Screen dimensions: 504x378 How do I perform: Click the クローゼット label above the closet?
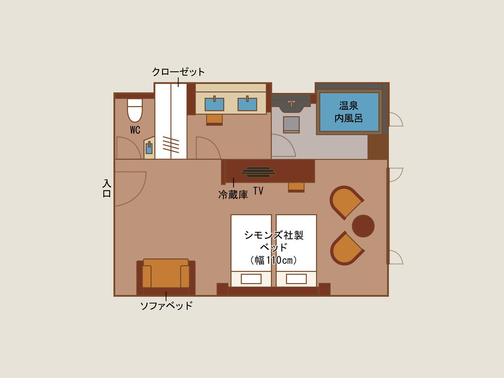(x=178, y=72)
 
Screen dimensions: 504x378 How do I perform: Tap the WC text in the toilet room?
(x=135, y=130)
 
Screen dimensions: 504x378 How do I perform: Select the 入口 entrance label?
(x=107, y=189)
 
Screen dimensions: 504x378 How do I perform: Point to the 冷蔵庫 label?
(x=233, y=194)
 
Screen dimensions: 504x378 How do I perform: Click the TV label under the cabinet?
(x=258, y=191)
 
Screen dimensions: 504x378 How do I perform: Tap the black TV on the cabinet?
(x=258, y=172)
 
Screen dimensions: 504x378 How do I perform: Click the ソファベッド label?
(x=166, y=306)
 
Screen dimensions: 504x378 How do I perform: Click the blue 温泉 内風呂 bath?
(x=349, y=112)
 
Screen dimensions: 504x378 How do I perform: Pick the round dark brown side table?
(x=363, y=226)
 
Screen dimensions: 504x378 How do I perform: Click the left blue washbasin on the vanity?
(x=214, y=105)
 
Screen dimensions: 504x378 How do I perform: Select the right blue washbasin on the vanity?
(x=247, y=105)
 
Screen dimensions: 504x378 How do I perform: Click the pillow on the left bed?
(x=251, y=279)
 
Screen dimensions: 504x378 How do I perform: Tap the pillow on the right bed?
(x=296, y=279)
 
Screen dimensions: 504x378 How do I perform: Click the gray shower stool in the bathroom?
(x=291, y=125)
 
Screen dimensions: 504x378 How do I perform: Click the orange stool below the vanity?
(x=214, y=120)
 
